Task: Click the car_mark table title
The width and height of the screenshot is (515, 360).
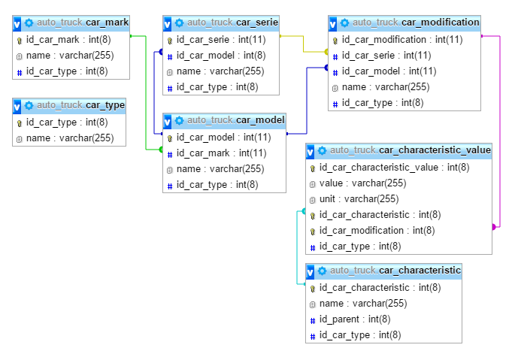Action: [x=83, y=23]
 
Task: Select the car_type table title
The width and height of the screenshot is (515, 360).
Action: [x=80, y=105]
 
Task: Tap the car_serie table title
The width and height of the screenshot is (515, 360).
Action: [x=232, y=23]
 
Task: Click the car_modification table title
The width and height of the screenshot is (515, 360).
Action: [x=416, y=23]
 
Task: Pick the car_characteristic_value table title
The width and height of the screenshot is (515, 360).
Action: [x=410, y=150]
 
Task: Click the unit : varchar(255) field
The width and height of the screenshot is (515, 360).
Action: [x=359, y=199]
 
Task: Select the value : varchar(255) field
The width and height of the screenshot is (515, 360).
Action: [x=362, y=183]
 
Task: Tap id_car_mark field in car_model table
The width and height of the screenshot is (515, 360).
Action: [x=221, y=153]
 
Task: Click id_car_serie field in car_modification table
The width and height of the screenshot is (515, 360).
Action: [x=386, y=56]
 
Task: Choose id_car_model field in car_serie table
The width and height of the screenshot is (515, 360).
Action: [x=221, y=56]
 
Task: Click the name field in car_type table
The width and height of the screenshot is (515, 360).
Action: [x=70, y=138]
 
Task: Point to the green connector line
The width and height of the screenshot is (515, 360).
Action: [x=146, y=93]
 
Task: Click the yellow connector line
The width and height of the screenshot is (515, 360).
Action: [x=303, y=44]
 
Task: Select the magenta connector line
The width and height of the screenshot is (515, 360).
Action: [x=499, y=132]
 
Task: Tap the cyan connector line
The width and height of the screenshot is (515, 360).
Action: [x=297, y=248]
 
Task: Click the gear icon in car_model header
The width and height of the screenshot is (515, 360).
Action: [x=180, y=120]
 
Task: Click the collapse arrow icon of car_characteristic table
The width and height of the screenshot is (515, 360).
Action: [x=310, y=271]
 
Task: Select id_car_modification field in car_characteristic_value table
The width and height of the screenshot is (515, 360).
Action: [x=377, y=231]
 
